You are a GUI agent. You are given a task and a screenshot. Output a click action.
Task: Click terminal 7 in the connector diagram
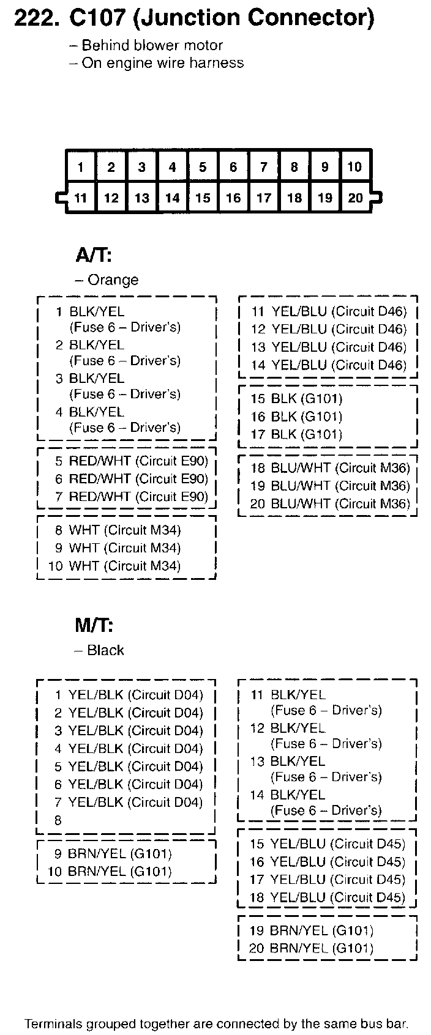point(264,167)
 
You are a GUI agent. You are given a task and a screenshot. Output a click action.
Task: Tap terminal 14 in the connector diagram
point(172,198)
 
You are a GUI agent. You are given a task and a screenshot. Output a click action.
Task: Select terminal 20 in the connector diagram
point(356,198)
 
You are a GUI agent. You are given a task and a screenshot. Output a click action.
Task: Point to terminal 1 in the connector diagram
point(81,167)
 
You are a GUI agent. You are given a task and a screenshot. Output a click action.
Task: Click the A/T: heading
point(93,253)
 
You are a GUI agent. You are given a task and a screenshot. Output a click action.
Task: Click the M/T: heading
point(94,625)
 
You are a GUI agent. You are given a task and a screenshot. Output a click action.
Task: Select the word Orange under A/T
point(113,280)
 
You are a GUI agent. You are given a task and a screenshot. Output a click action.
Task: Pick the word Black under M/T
point(105,650)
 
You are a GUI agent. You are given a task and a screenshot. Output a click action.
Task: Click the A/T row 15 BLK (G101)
point(296,399)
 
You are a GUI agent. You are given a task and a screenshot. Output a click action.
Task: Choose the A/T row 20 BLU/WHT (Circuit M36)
point(329,503)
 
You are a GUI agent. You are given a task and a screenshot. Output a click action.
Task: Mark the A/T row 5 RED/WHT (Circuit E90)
point(131,461)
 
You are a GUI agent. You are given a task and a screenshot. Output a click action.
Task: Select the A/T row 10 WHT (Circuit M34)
point(114,566)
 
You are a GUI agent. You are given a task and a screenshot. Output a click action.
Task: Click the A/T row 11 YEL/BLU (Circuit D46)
point(329,311)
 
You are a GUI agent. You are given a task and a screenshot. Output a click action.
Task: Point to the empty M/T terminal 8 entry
point(58,820)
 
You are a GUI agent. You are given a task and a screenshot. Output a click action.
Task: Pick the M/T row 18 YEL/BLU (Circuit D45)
point(327,897)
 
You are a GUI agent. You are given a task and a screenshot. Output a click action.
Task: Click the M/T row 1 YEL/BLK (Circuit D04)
point(128,695)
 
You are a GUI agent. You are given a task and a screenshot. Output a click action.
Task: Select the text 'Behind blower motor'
point(152,45)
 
